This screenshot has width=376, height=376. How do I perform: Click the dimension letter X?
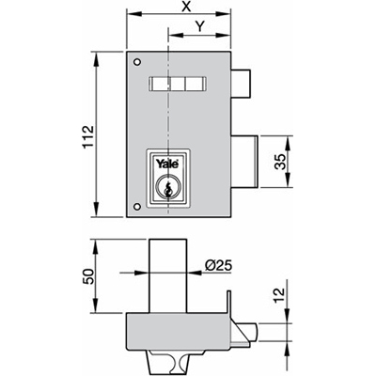187,7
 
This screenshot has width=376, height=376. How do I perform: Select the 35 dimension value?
280,162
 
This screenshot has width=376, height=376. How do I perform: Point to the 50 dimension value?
88,276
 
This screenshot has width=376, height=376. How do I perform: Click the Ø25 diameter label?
218,266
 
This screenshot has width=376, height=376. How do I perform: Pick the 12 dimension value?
280,296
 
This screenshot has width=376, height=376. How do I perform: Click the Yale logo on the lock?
168,164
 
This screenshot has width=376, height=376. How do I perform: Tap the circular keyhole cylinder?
168,187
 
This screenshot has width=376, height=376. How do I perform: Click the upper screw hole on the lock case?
137,62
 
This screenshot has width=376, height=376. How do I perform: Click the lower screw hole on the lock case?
137,206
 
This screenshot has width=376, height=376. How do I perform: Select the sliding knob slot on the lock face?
178,84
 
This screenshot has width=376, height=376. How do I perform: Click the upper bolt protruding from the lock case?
242,84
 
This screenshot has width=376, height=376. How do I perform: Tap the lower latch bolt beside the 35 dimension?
245,162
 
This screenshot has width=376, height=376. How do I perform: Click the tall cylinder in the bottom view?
168,276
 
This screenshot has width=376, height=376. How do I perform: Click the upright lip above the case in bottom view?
229,302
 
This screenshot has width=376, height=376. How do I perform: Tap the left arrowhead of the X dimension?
134,14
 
